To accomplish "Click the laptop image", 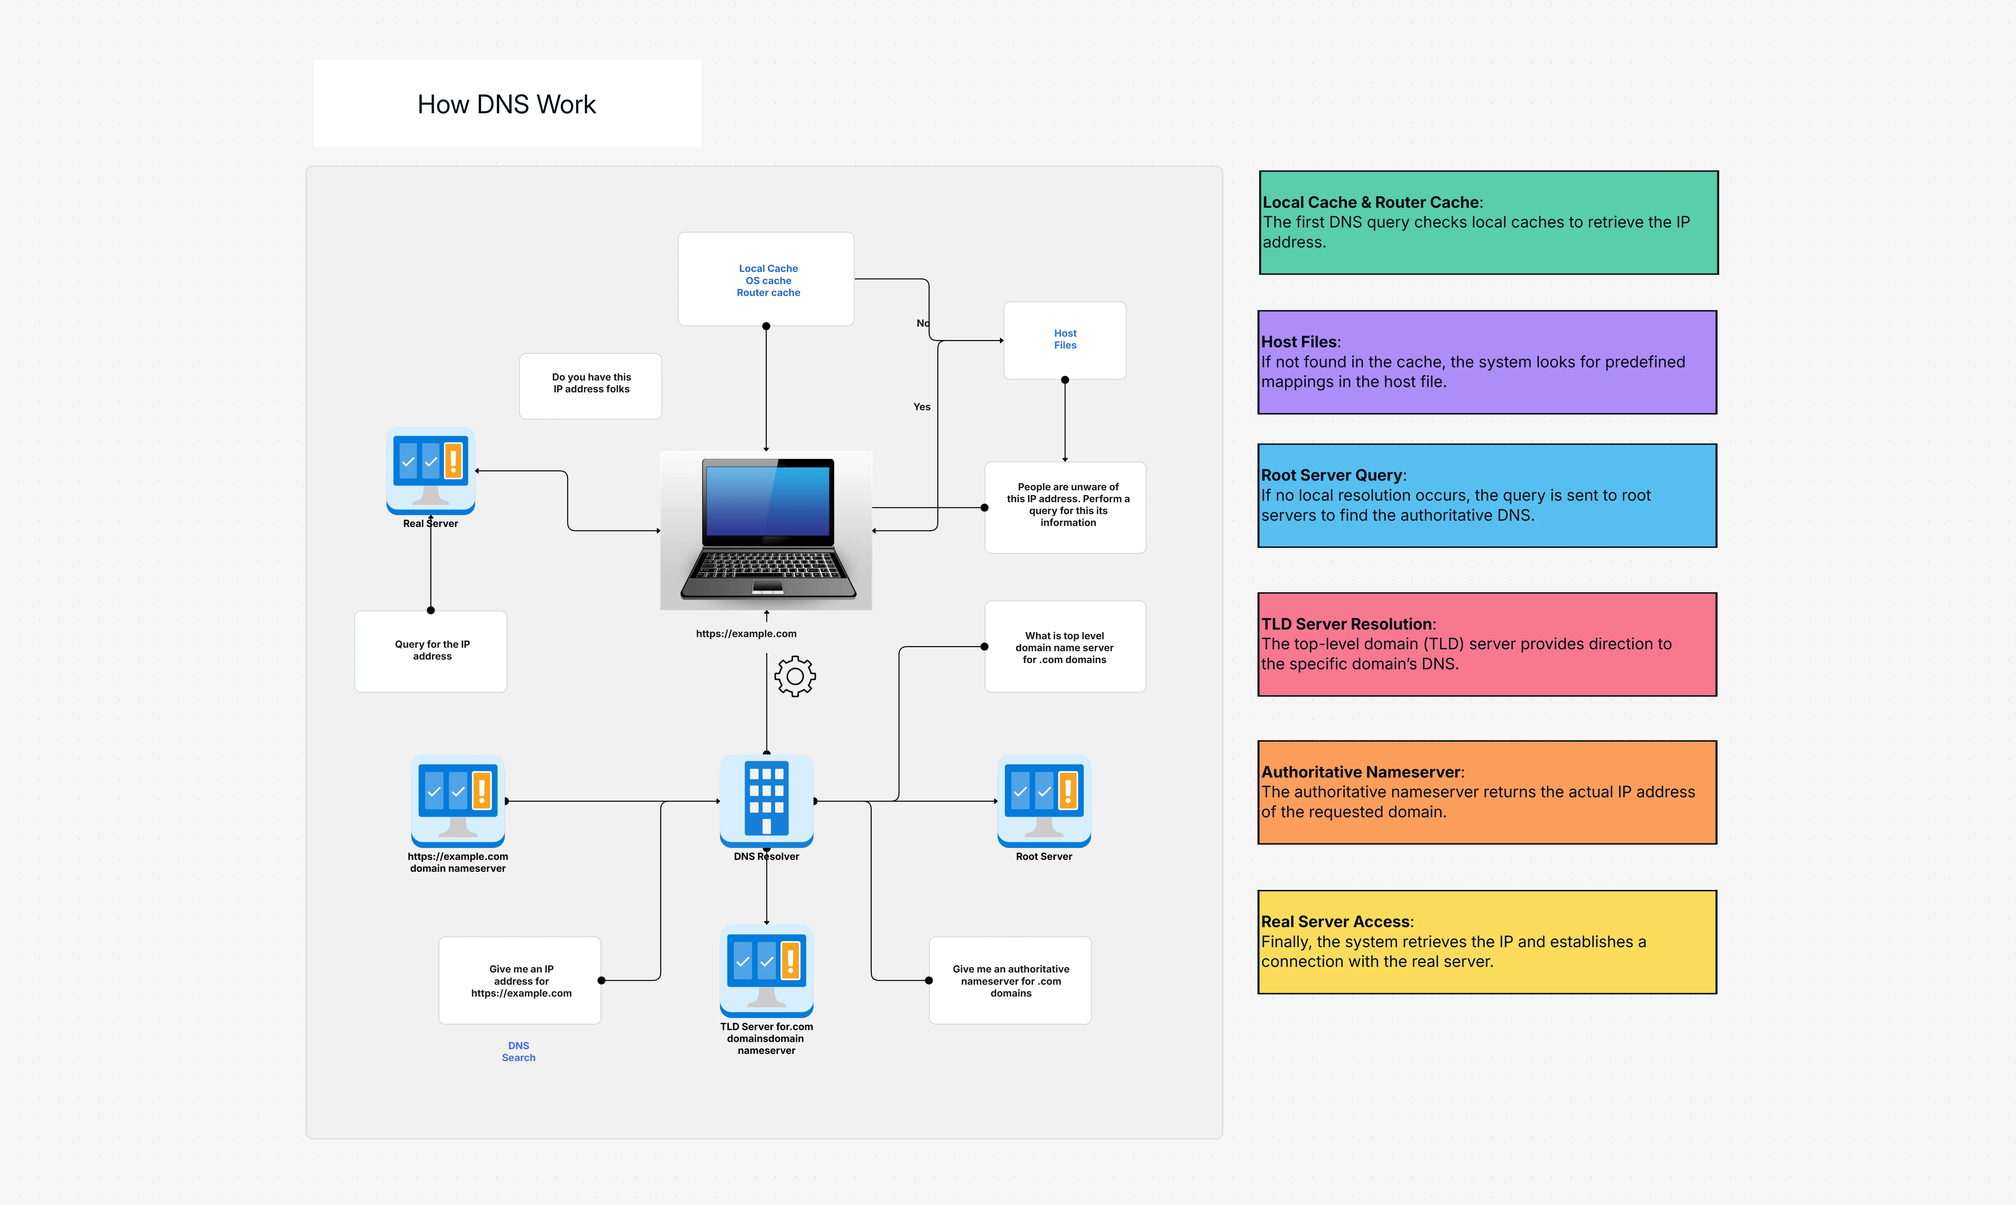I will (766, 529).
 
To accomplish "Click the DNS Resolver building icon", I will (766, 800).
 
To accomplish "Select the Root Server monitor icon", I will (1044, 800).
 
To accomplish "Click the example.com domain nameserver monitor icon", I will (458, 800).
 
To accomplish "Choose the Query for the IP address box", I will (431, 651).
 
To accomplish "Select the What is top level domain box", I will (1065, 647).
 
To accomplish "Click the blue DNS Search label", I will (518, 1052).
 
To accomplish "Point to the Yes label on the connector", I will (922, 407).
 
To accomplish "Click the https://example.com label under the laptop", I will (746, 633).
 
